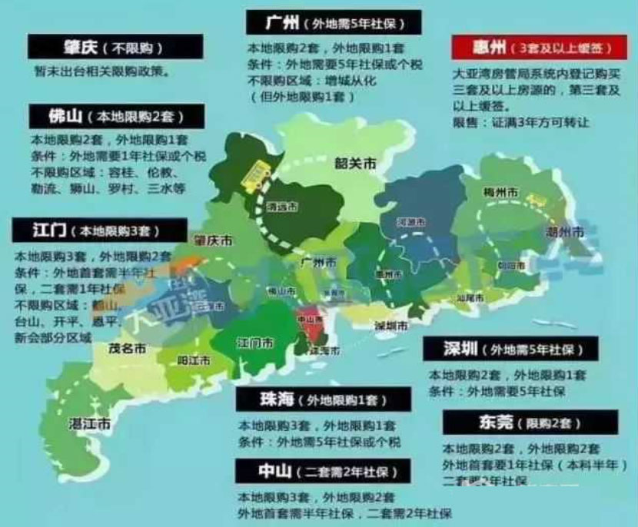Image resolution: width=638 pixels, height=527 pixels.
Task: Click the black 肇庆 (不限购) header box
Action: coord(115,46)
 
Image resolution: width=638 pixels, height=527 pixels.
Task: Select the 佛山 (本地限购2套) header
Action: coord(115,117)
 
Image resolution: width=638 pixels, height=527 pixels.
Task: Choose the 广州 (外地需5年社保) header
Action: coord(335,22)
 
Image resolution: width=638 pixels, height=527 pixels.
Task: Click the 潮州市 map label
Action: coord(564,231)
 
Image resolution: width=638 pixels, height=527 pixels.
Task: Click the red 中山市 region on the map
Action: coord(314,324)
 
